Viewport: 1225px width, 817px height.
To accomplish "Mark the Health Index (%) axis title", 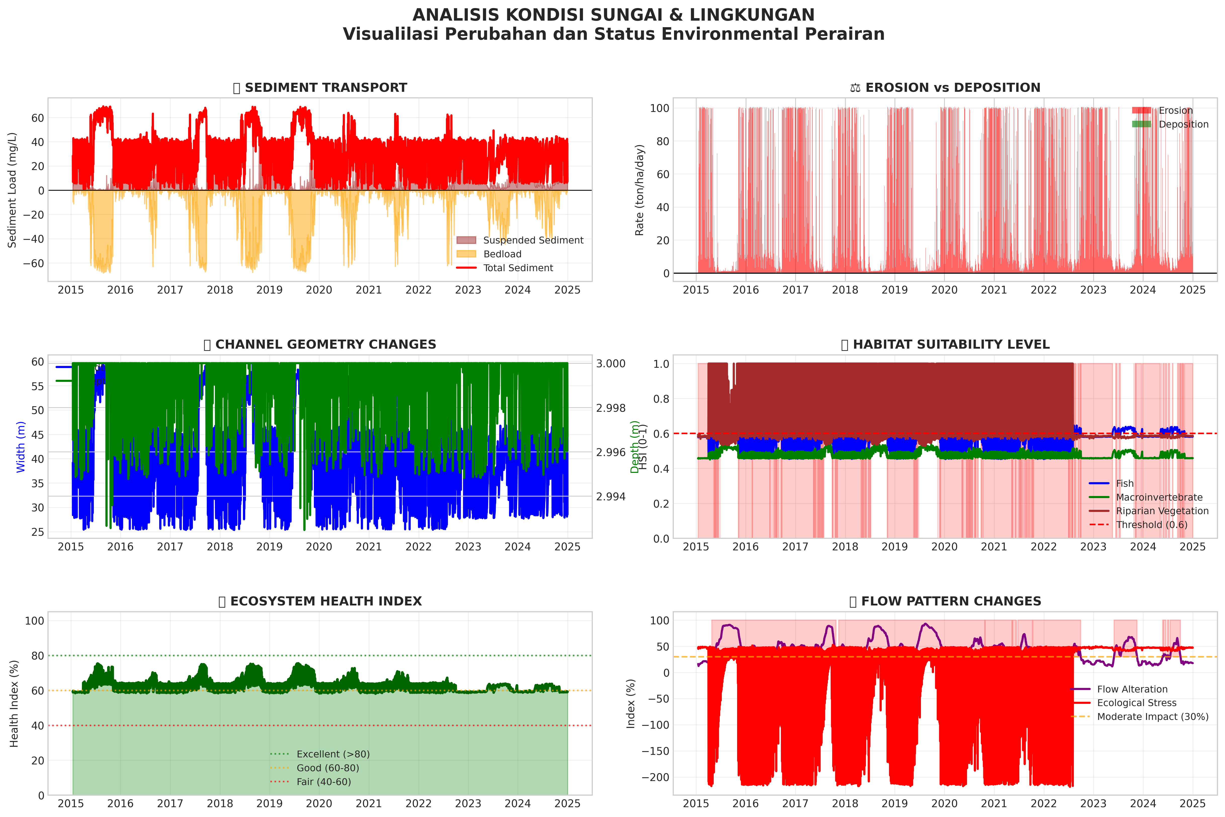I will click(x=14, y=703).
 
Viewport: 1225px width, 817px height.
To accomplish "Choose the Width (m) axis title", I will click(x=21, y=447).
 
